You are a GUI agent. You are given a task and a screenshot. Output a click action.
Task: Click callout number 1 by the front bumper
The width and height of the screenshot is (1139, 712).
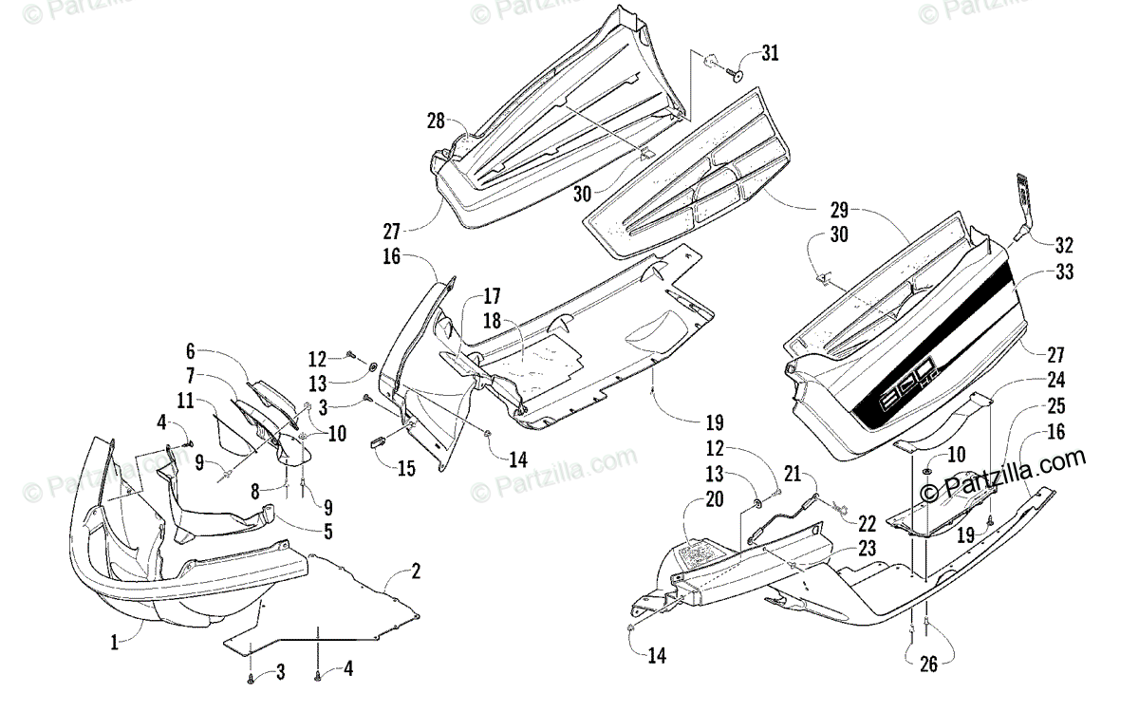114,643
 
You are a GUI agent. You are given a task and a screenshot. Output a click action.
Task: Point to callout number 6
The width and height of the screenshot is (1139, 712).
190,350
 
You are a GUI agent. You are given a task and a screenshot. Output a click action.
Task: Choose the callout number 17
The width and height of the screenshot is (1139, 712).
492,295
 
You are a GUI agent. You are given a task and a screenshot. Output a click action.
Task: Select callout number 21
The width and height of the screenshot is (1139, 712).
794,471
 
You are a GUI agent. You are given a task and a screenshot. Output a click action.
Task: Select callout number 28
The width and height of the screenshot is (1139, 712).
436,121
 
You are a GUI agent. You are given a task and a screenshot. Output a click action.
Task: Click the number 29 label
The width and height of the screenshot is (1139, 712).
838,211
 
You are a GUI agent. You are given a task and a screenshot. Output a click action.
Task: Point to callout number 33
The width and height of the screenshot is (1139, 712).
1064,272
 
